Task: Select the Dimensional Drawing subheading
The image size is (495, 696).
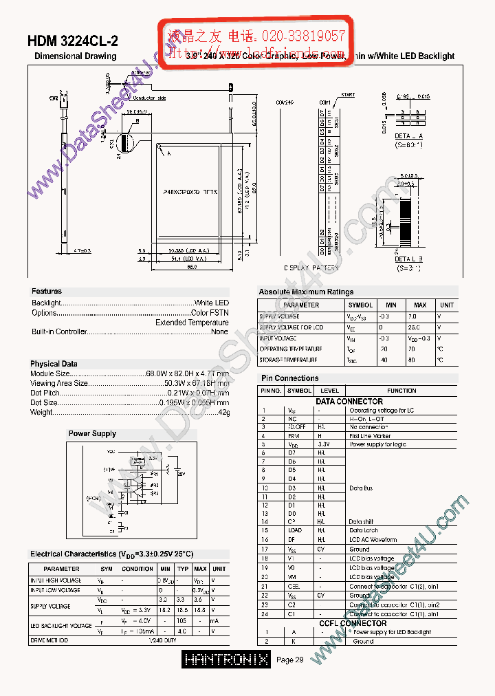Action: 75,56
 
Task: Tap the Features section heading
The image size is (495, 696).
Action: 47,292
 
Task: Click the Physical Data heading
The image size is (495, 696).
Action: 54,364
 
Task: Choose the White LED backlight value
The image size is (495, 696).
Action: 212,303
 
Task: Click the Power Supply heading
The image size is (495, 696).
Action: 92,434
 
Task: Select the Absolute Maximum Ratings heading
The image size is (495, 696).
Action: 306,292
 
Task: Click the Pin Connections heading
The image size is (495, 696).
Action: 289,378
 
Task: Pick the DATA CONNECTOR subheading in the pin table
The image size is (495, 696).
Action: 349,401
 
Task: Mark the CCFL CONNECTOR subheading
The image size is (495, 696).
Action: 353,623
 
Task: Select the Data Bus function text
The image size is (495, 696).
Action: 361,488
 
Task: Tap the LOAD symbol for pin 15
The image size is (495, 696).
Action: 295,530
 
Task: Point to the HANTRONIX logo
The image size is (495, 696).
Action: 226,660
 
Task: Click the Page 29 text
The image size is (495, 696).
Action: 290,660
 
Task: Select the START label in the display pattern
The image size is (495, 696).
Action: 348,95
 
